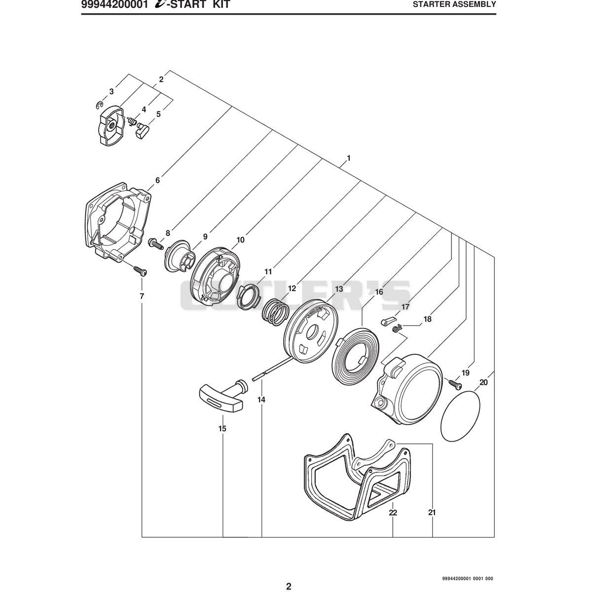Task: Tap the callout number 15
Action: point(222,429)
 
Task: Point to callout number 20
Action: point(483,382)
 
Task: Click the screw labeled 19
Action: point(455,383)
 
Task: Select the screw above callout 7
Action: point(140,270)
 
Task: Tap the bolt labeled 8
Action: point(155,244)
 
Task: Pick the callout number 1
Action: point(348,158)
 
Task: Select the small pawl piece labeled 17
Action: point(386,321)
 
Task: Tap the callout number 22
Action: point(393,513)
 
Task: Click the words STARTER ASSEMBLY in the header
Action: point(454,4)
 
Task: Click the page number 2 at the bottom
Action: point(289,578)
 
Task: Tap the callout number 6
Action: point(157,181)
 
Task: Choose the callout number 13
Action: point(339,289)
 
